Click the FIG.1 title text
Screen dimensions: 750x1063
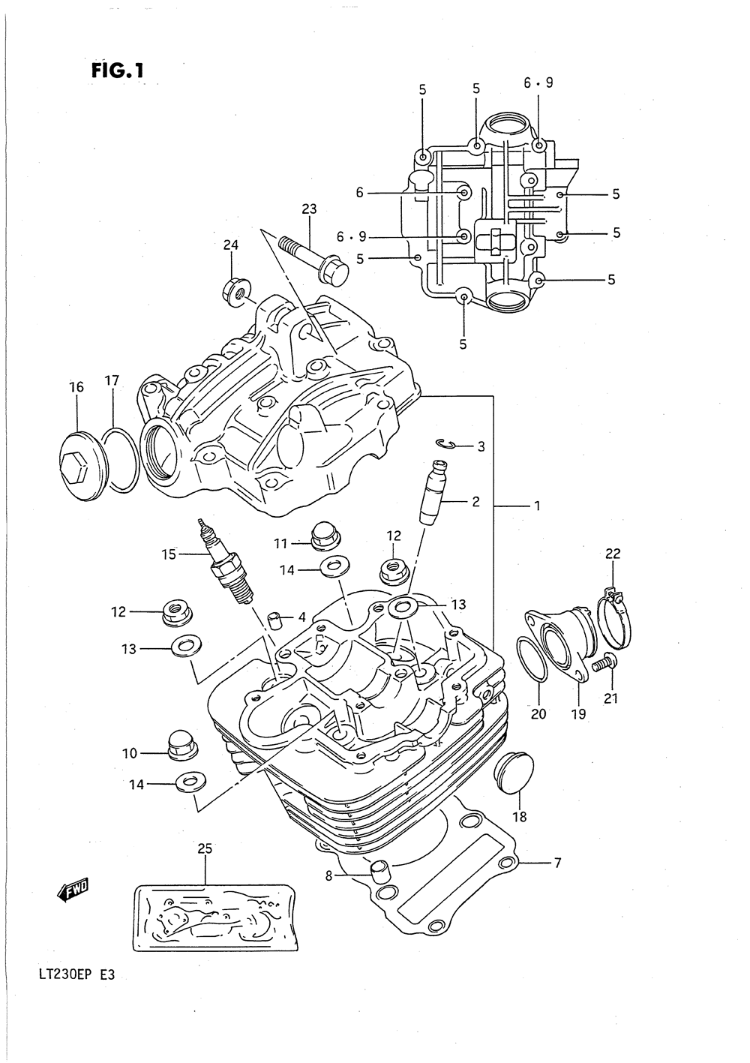click(117, 71)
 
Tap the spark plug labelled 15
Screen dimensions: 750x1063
click(226, 563)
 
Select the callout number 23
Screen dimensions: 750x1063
click(309, 209)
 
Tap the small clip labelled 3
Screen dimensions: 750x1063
click(446, 443)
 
